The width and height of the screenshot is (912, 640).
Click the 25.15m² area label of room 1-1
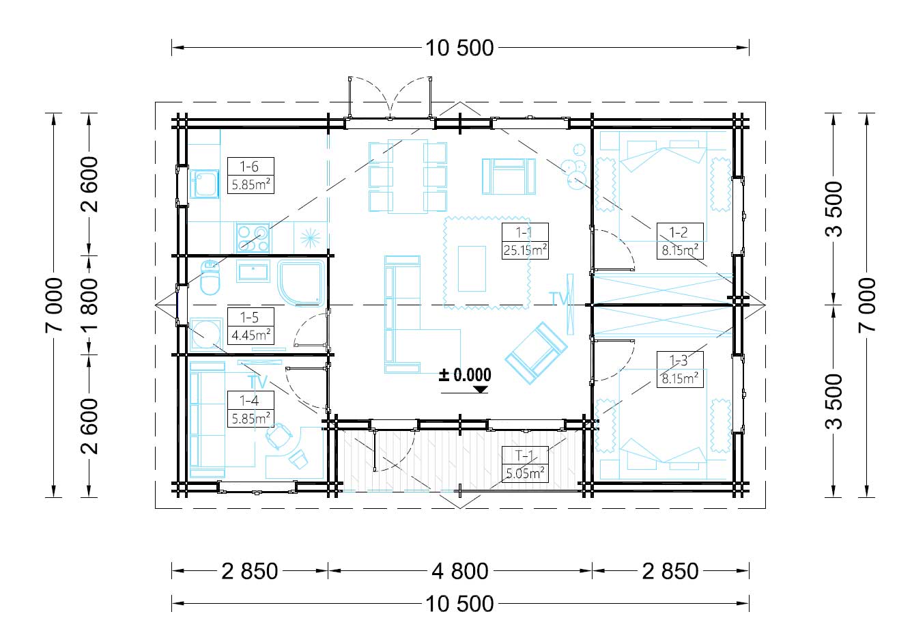click(x=525, y=250)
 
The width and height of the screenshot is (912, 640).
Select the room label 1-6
click(x=249, y=166)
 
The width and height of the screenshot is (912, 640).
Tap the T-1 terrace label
click(x=524, y=455)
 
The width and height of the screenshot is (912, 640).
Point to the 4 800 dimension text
click(x=460, y=571)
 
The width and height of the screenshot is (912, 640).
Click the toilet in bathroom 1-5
click(x=210, y=277)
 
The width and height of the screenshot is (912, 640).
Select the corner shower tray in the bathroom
click(x=301, y=283)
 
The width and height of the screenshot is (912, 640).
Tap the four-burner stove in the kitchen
click(x=253, y=238)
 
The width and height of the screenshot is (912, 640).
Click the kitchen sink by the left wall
click(x=204, y=184)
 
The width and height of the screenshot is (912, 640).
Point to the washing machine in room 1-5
click(x=206, y=334)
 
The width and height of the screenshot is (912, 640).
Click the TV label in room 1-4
click(x=257, y=382)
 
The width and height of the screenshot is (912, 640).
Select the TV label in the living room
click(x=558, y=298)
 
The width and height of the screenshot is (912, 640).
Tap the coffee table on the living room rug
click(x=472, y=268)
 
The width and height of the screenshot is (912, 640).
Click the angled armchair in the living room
click(x=536, y=353)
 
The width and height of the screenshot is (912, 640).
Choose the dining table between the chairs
click(x=408, y=176)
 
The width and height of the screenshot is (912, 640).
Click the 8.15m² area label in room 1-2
click(x=680, y=250)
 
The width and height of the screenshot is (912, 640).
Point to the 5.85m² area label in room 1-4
click(x=251, y=419)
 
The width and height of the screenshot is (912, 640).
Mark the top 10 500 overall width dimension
click(x=459, y=48)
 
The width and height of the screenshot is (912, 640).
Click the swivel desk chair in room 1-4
click(x=278, y=436)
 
